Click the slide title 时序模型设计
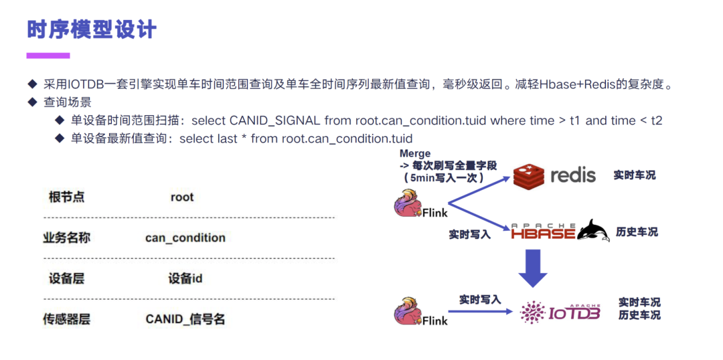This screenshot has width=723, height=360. coord(92,29)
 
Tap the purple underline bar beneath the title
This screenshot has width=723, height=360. coord(48,56)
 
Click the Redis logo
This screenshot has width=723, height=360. coord(554,175)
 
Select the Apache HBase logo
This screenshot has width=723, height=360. coord(560,231)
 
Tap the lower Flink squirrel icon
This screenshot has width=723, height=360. coord(408,311)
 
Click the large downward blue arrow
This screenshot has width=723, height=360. coord(533,268)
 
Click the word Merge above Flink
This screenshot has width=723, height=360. coord(415,154)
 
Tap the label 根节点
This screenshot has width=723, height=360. coord(67,197)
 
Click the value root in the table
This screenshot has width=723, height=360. coord(182,197)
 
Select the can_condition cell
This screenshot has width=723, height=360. coord(185,238)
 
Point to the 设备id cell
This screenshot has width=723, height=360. coord(185,278)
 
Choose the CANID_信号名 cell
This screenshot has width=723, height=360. coord(185,319)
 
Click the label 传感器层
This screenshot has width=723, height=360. coord(67,319)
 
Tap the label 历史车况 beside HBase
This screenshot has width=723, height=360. coord(637,232)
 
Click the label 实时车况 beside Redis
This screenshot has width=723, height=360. coord(635,175)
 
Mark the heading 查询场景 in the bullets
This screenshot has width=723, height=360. coord(68,102)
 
